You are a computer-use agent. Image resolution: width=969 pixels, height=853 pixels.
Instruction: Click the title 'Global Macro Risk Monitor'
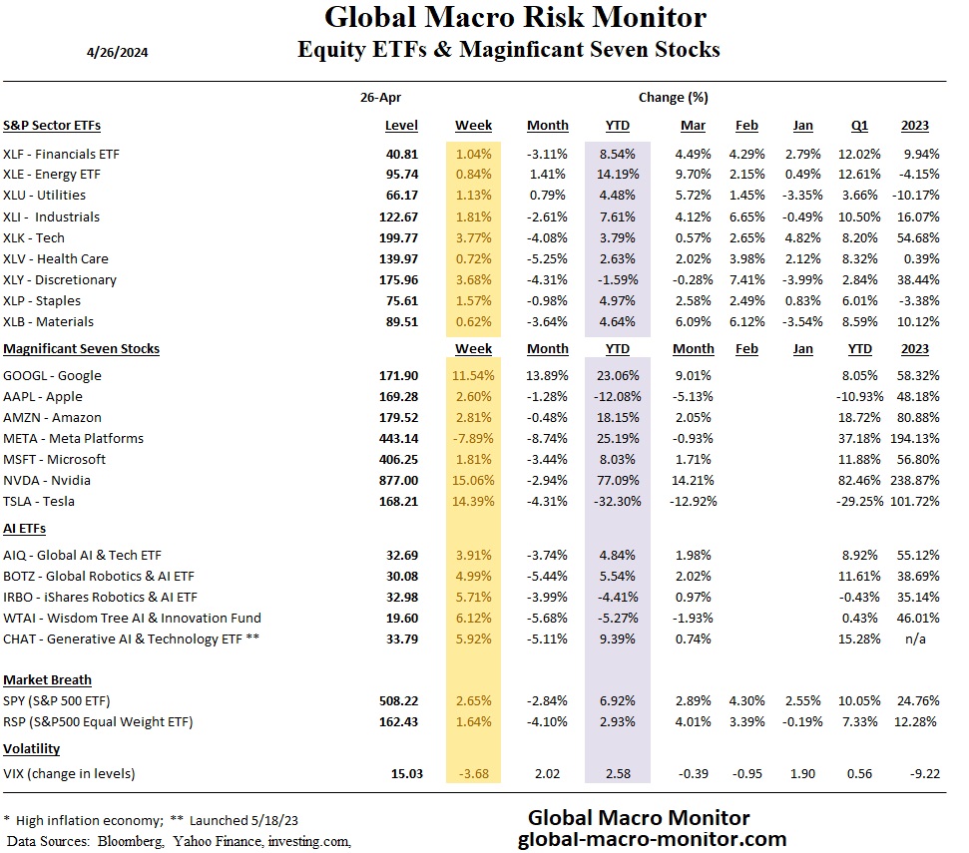point(515,18)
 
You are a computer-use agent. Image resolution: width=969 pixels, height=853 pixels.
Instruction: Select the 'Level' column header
point(401,126)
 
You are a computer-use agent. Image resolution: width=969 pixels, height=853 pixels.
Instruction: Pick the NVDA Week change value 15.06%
point(473,480)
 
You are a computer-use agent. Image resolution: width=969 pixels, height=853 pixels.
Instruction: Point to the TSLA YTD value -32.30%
point(611,501)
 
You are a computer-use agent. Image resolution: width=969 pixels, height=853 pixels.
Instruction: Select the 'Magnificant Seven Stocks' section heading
point(82,349)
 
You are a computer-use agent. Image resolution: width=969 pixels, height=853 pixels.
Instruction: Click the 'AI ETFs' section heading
point(25,528)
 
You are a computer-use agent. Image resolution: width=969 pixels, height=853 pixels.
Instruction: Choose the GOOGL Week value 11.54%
point(473,376)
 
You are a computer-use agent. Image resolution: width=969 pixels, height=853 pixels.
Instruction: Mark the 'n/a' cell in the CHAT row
point(915,639)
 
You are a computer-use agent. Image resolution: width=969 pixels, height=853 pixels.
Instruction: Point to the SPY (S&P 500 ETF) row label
point(73,700)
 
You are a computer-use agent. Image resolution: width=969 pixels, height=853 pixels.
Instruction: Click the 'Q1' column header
point(859,126)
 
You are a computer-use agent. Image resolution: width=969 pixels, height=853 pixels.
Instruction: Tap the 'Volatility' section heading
point(32,748)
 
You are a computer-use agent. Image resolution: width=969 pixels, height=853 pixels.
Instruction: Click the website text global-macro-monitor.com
point(652,839)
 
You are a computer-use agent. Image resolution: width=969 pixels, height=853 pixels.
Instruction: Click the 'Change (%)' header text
point(673,97)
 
